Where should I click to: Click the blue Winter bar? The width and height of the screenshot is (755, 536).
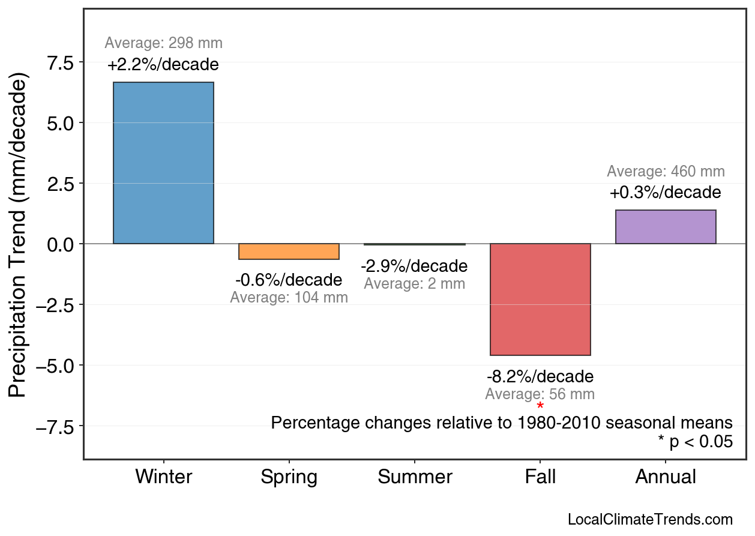click(x=163, y=163)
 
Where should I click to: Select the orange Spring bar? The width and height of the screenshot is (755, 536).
click(x=289, y=251)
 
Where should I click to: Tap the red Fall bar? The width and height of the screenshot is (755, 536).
click(x=540, y=300)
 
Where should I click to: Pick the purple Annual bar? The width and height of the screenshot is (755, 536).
click(x=666, y=227)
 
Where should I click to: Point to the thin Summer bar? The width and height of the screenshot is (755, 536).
click(x=415, y=244)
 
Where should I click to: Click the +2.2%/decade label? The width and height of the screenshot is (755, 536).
click(x=163, y=65)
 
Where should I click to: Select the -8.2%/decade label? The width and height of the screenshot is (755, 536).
click(x=540, y=377)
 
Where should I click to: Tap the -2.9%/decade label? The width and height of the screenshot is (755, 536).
click(x=414, y=266)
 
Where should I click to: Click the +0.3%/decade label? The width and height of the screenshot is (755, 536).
click(x=666, y=193)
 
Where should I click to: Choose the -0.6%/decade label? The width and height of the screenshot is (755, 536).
click(x=289, y=280)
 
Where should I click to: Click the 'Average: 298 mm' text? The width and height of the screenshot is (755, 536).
click(x=163, y=43)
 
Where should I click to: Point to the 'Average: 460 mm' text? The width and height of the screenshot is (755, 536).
click(x=666, y=172)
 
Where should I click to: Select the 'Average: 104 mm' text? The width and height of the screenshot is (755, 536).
click(x=289, y=297)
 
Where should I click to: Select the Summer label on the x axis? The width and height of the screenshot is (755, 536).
click(x=415, y=477)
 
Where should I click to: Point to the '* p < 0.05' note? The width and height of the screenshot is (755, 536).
click(x=695, y=442)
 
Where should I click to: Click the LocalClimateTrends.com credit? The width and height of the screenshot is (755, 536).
click(x=650, y=520)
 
